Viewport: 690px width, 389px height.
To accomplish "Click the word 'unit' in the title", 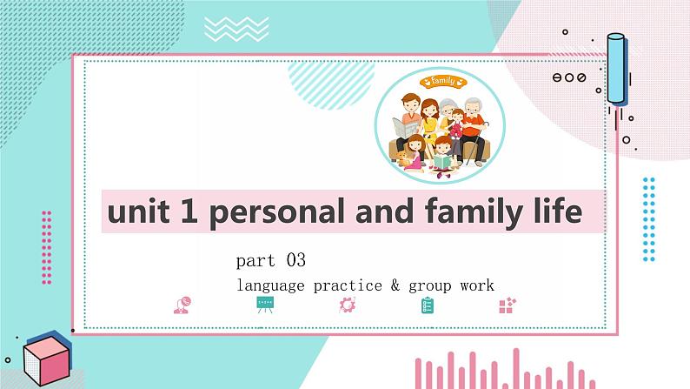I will [x=134, y=212].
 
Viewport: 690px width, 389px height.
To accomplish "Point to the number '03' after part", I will [x=295, y=260].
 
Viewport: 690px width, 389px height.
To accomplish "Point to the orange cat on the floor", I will [x=401, y=158].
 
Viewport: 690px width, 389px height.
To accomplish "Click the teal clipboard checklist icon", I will [x=428, y=305].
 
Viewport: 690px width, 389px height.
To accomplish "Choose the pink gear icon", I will [x=348, y=305].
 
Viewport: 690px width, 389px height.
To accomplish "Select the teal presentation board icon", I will [x=264, y=305].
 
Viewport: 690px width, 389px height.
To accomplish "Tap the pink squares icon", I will [x=508, y=305].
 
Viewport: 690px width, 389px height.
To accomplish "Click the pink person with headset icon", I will [x=182, y=305].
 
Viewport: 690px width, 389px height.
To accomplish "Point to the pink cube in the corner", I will [x=46, y=360].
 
